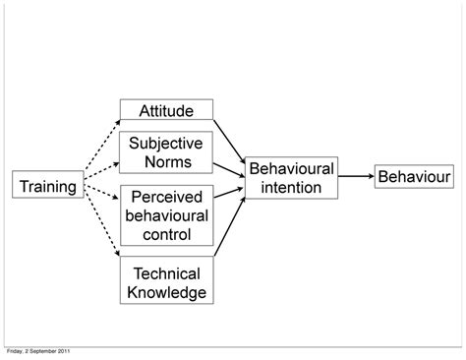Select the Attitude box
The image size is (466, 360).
click(166, 110)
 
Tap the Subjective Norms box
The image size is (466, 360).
click(166, 152)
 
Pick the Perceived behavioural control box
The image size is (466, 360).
click(166, 213)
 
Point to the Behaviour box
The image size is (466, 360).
click(413, 176)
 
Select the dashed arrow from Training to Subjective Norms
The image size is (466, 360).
click(99, 164)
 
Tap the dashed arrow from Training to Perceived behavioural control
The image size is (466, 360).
click(99, 198)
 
